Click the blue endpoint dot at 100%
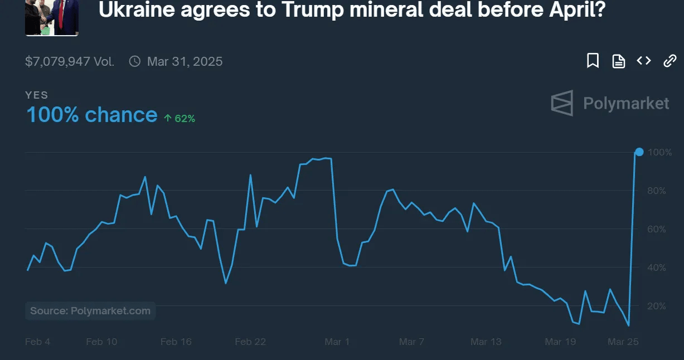[x=639, y=152]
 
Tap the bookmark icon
[x=593, y=61]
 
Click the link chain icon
[x=670, y=61]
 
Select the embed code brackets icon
[x=644, y=61]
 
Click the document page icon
[x=618, y=61]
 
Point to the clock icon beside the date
[x=134, y=61]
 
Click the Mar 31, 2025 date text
[x=185, y=61]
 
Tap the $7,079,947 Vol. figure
[x=70, y=61]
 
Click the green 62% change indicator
[x=180, y=118]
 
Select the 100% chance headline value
[x=91, y=115]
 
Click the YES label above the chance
[x=37, y=95]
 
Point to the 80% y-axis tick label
[x=656, y=191]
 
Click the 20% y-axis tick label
[x=656, y=306]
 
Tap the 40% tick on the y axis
[x=656, y=267]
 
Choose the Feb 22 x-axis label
[x=250, y=342]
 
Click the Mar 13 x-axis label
[x=486, y=342]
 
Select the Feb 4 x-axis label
[x=37, y=342]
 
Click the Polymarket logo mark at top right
[x=562, y=103]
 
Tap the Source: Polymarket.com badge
[x=90, y=311]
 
